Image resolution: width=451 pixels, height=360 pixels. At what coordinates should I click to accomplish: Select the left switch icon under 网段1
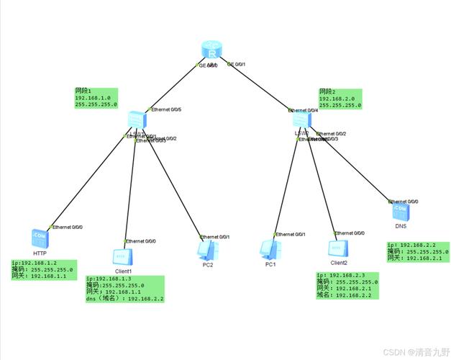135,120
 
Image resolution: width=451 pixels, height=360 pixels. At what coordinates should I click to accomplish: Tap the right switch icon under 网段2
301,120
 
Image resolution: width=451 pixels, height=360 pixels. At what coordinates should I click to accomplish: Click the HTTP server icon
39,238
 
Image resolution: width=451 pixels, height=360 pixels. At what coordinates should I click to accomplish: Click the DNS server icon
400,212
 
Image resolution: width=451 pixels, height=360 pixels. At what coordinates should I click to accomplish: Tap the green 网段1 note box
95,98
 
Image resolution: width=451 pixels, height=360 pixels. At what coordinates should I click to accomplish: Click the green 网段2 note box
340,98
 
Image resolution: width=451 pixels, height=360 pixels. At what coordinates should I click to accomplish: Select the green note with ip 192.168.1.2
43,269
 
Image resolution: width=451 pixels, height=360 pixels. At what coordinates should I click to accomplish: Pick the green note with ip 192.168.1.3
124,289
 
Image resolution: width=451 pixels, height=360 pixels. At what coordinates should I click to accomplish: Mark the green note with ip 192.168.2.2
418,252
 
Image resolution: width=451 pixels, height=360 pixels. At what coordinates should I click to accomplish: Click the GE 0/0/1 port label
237,65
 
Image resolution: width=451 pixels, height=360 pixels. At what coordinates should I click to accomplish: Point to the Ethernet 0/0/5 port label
166,110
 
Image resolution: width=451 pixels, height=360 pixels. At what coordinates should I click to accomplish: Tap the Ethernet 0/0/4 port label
303,110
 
